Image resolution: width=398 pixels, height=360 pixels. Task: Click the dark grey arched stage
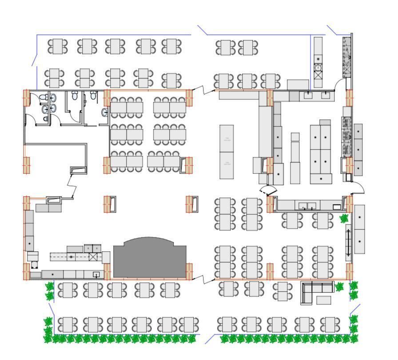coord(149,260)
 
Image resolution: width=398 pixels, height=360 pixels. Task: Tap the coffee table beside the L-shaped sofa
coord(323,301)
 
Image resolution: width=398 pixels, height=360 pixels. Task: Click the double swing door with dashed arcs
coord(268,191)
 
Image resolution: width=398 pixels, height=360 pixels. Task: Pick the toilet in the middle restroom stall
coord(75,95)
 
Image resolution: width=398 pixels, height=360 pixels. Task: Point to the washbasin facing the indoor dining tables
coord(104,113)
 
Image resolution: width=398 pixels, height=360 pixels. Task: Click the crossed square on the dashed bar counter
coord(93,257)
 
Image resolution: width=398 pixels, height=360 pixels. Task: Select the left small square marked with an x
coord(88,248)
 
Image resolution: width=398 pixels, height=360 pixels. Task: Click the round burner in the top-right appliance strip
coord(318,67)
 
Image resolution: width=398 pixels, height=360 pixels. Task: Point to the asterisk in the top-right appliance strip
coord(318,59)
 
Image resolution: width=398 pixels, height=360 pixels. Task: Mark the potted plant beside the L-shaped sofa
coord(339,287)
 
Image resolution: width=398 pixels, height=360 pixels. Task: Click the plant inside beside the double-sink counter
coord(344,218)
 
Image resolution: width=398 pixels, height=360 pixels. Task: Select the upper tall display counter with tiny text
coord(227,138)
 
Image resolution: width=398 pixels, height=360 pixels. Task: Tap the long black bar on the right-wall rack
coord(348,242)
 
